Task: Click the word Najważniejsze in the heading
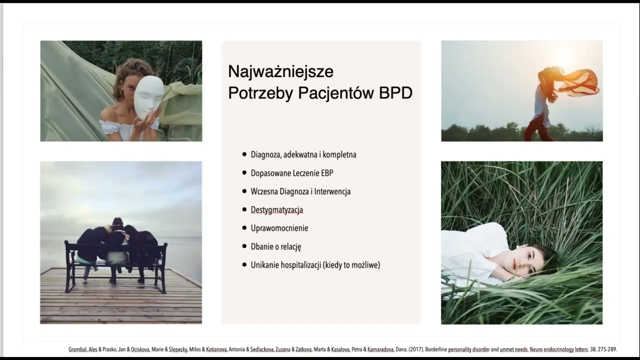pos(280,72)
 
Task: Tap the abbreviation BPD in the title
pos(395,93)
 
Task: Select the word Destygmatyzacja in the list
pos(277,210)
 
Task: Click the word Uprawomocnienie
pos(279,228)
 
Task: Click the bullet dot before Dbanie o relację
pos(244,246)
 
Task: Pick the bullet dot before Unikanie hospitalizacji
pos(244,265)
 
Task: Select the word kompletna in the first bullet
pos(339,154)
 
